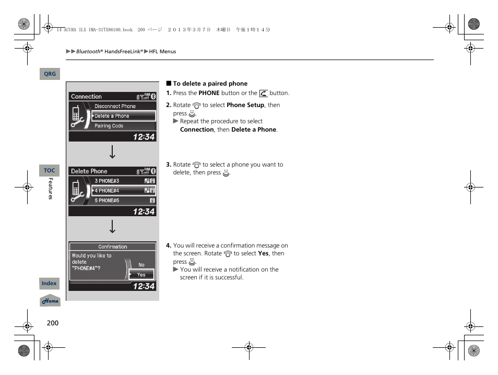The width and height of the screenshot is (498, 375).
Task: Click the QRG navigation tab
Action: click(x=50, y=74)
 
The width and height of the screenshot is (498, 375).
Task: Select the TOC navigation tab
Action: click(x=50, y=171)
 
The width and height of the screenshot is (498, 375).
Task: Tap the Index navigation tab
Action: click(x=49, y=284)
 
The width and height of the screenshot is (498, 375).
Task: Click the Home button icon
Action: click(x=51, y=301)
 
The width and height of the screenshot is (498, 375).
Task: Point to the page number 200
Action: click(x=53, y=323)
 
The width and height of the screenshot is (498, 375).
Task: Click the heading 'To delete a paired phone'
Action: click(x=210, y=84)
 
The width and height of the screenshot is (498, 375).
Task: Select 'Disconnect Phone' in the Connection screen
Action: click(x=115, y=106)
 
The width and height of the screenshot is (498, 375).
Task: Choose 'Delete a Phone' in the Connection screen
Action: click(x=112, y=116)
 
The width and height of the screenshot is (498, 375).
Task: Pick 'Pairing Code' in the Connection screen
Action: click(x=109, y=126)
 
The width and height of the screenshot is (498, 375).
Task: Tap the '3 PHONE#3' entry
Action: click(x=107, y=181)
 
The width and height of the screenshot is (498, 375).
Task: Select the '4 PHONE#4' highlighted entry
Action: click(x=107, y=191)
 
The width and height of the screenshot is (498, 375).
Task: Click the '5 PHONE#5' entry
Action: click(x=107, y=201)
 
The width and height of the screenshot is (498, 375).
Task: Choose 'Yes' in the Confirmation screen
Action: click(x=141, y=275)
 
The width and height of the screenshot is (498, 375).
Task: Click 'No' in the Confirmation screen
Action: click(x=141, y=265)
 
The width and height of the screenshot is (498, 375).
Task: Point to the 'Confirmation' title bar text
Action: click(x=113, y=247)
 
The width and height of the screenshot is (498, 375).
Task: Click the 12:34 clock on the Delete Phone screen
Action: click(x=144, y=212)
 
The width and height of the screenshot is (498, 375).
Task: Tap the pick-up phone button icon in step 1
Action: click(x=264, y=93)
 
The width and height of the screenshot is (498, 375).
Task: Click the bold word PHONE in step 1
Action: click(x=209, y=93)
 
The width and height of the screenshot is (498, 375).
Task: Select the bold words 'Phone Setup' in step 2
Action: click(x=245, y=105)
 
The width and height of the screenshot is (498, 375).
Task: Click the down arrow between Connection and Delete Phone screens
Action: click(x=112, y=153)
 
